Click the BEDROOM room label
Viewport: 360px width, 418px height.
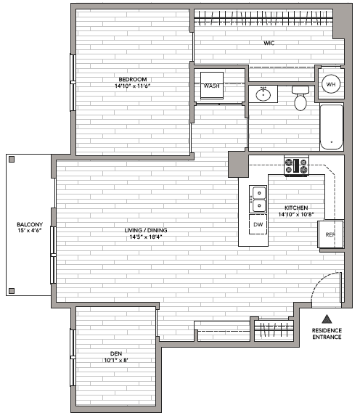click(133, 79)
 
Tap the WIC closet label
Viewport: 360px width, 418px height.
click(269, 43)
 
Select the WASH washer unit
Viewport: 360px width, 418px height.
click(212, 86)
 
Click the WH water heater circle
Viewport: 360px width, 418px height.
click(331, 84)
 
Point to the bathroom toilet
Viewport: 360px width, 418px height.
click(300, 98)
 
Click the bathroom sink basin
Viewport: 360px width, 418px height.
click(263, 94)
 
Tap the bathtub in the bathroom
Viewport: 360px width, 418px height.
click(332, 127)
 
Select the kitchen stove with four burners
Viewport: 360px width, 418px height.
click(296, 165)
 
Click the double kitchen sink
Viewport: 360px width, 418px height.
click(258, 199)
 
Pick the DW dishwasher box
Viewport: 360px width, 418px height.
click(258, 224)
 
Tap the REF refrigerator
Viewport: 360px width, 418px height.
click(331, 234)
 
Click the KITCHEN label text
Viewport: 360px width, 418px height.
click(296, 208)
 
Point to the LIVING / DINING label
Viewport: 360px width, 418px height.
click(146, 230)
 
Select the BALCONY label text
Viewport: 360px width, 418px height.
click(30, 224)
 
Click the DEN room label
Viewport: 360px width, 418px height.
click(116, 353)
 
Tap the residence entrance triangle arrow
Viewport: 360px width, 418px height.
click(327, 319)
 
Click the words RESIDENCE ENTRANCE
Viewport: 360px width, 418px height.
click(327, 334)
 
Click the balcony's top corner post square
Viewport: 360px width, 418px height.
click(12, 160)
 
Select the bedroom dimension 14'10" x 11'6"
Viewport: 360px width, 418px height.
click(133, 86)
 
